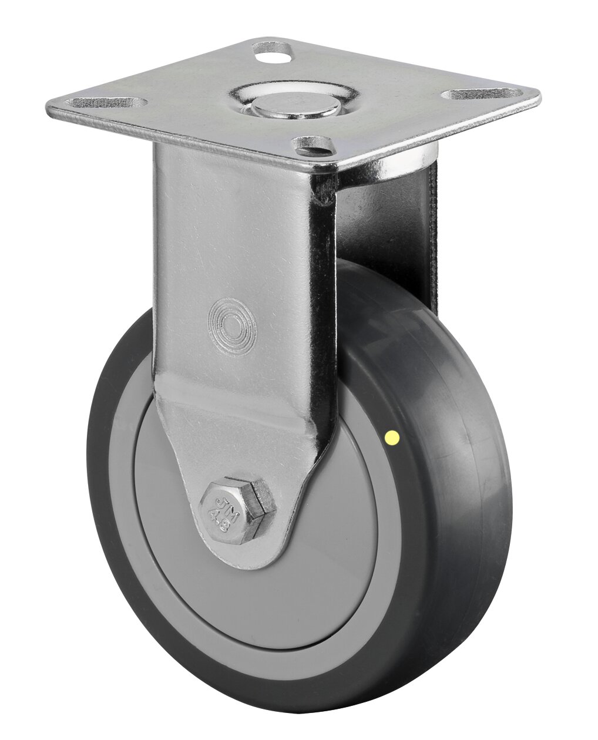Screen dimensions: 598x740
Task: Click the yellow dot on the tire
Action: pyautogui.click(x=392, y=437)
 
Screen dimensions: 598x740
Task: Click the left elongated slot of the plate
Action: pyautogui.click(x=106, y=103)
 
